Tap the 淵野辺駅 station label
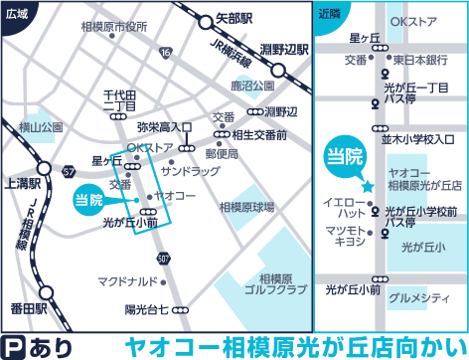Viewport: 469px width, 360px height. (x=273, y=47)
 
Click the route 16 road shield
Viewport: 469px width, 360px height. (x=164, y=52)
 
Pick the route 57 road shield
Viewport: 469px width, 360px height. (x=68, y=172)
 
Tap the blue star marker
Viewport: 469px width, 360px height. (x=367, y=185)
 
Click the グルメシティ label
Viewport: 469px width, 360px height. (x=416, y=296)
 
